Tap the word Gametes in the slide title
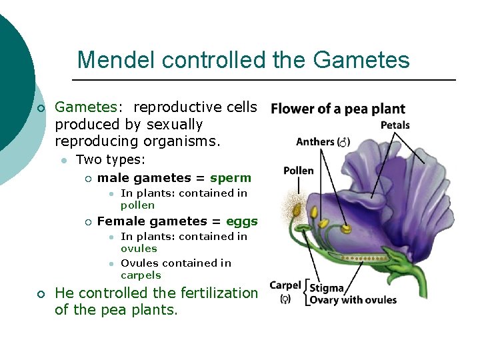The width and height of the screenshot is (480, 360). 361,61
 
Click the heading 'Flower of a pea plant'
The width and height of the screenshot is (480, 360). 338,109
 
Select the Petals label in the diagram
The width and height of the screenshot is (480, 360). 395,125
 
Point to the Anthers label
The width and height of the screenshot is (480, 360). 315,141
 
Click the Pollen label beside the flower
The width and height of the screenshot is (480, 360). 298,171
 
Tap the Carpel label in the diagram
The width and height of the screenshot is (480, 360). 285,285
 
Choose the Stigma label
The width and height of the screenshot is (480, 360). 327,289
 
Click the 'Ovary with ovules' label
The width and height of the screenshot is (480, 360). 353,300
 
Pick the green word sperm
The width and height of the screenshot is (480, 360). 231,178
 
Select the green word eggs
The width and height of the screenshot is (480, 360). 241,221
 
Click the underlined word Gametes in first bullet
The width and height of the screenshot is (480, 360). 85,107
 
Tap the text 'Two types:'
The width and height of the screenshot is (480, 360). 110,160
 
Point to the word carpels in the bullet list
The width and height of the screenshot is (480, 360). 141,275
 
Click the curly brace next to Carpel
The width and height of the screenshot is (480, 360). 307,293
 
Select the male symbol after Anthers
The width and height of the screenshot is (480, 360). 343,142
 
